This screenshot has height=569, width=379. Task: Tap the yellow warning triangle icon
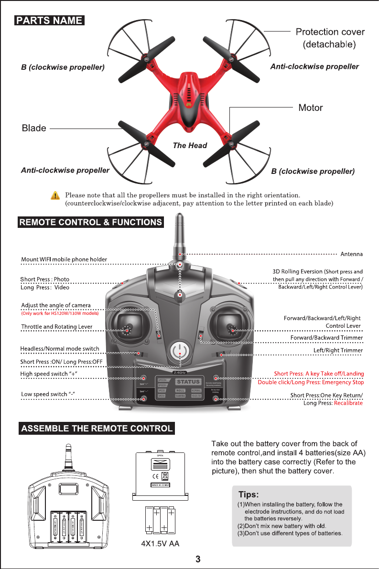coord(56,196)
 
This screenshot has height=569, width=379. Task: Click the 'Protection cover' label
coord(330,32)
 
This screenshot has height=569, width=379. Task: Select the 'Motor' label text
coord(311,107)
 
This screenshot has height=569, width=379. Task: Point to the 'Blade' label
coord(34,128)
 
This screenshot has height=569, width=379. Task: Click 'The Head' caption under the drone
coord(190,145)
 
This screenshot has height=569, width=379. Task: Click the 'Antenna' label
coord(351,253)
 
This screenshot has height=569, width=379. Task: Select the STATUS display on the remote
coord(187,382)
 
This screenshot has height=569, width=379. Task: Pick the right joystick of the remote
coord(233,325)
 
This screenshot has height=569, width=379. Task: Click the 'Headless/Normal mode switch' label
coord(60,349)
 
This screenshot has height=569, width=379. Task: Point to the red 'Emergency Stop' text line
coord(311,382)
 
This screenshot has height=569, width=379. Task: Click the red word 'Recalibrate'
coord(348,403)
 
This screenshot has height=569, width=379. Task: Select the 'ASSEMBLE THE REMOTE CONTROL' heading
coord(96,428)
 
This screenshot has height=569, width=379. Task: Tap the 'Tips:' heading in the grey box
coord(248,494)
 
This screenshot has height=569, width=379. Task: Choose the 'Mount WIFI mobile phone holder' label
coord(64,259)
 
